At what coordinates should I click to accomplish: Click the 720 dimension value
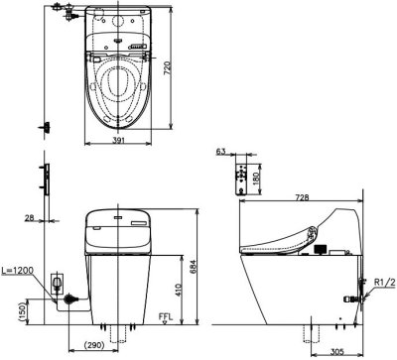[168, 67]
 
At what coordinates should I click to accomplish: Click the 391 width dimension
[118, 140]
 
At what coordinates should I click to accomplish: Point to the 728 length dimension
[302, 197]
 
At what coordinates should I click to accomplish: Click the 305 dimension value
[336, 352]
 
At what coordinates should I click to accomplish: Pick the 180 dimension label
[257, 179]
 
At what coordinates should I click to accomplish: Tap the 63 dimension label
[220, 152]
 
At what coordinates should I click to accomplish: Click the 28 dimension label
[30, 217]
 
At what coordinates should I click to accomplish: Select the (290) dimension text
[93, 345]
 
